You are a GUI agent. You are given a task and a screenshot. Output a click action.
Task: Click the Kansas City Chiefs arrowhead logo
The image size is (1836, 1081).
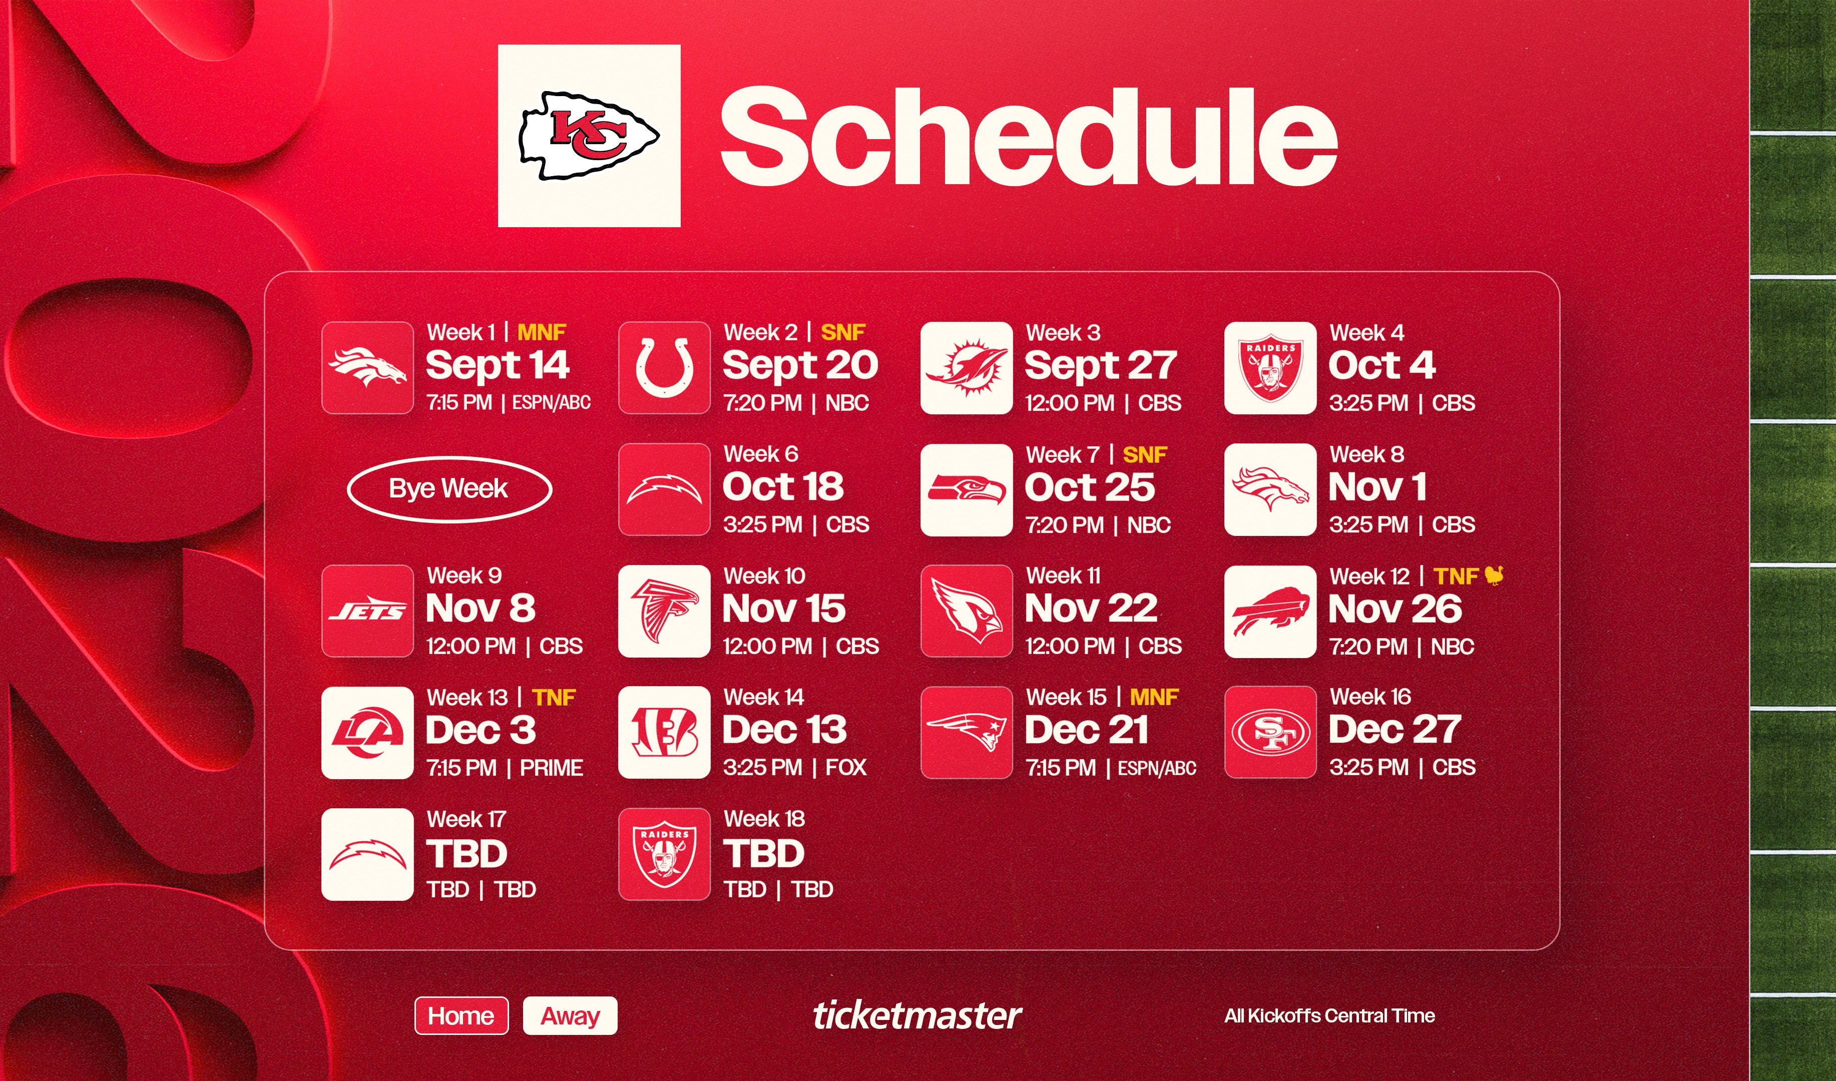pos(589,136)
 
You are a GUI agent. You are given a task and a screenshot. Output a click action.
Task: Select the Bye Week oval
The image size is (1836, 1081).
pos(449,489)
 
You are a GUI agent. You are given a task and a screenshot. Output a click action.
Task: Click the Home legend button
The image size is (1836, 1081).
pos(461,1015)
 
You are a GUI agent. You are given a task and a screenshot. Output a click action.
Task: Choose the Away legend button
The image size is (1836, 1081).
pos(570,1015)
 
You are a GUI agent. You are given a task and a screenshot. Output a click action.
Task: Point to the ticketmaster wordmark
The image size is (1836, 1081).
pos(917,1015)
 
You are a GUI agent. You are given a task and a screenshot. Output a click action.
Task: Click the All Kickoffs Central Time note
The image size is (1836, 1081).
pos(1329,1015)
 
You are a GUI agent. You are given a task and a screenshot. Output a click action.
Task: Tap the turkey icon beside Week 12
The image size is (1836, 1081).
pos(1494,576)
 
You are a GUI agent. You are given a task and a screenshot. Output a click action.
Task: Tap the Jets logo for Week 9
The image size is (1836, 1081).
pos(367,611)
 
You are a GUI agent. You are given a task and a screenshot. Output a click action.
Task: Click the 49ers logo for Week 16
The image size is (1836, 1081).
pos(1270,732)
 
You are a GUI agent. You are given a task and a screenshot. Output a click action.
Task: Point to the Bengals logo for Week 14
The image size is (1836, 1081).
pos(664,732)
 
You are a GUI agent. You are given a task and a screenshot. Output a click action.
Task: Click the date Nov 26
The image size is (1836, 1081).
pos(1395,609)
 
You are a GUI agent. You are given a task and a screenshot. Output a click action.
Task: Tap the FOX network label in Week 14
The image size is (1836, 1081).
pos(846,767)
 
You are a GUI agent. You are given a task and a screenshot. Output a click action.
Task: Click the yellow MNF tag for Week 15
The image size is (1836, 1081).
pos(1154,697)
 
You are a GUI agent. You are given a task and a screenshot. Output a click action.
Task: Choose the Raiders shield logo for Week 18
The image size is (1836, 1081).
pos(664,854)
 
